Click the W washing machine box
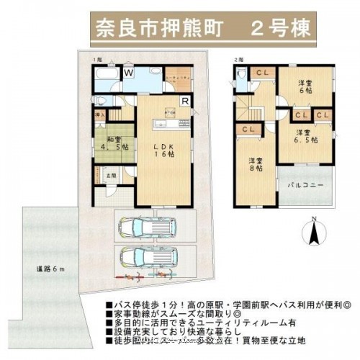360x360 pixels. pos(130,73)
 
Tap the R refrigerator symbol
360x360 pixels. pos(185,101)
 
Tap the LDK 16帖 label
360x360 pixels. pos(166,150)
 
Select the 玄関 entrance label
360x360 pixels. pos(113,176)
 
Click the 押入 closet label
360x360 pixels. pos(100,115)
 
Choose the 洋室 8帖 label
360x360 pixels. pos(256,164)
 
